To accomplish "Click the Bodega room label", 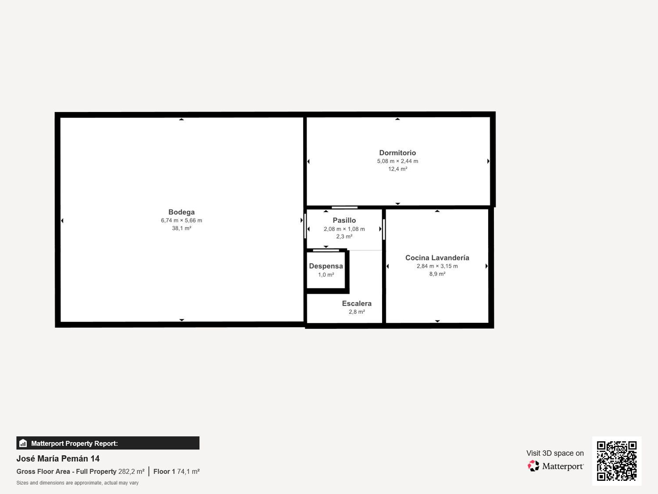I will click(x=181, y=212).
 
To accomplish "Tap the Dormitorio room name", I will click(x=397, y=153).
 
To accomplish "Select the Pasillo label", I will click(x=344, y=220).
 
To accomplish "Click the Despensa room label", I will click(x=326, y=266).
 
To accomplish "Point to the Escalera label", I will click(x=357, y=303).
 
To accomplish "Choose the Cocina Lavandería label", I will click(x=437, y=258).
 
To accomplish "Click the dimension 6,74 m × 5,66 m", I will click(x=181, y=220).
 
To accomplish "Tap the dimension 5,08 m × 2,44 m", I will click(x=397, y=161).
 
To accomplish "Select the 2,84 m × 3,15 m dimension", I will click(x=437, y=266).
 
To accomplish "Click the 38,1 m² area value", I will click(x=181, y=228).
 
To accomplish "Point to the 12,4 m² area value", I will click(x=397, y=169).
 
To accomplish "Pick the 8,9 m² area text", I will click(x=437, y=274).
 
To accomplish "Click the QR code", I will click(x=616, y=461).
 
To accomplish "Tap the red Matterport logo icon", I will click(x=533, y=466).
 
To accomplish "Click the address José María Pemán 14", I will click(x=58, y=458).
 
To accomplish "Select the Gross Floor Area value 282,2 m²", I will click(x=131, y=472).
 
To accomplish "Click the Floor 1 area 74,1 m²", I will click(x=188, y=472).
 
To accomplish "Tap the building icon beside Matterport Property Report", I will click(x=23, y=443).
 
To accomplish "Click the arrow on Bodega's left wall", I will click(x=62, y=220).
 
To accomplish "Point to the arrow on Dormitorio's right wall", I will click(x=488, y=161).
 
